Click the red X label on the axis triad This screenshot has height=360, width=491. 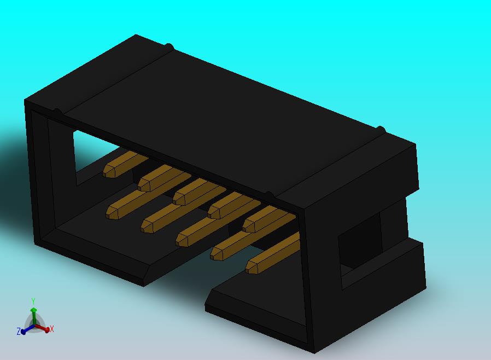[51, 329]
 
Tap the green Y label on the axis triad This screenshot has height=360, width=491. [33, 301]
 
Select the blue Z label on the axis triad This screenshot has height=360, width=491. [19, 331]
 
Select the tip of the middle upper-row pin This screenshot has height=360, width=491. [178, 197]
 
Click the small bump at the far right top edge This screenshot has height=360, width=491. [381, 130]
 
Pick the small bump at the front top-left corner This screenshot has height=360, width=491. [56, 112]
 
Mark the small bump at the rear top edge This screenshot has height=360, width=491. [169, 47]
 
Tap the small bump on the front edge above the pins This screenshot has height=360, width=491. [268, 194]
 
